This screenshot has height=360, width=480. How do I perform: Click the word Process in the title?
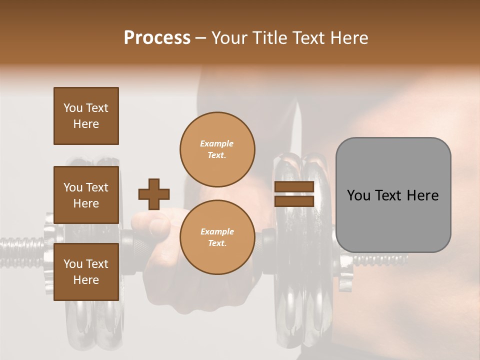157,37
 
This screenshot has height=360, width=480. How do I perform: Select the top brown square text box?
86,116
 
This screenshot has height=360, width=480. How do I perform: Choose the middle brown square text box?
86,195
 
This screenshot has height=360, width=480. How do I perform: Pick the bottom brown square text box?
86,272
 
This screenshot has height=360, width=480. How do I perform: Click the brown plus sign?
154,194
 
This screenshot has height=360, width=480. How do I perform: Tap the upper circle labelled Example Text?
217,149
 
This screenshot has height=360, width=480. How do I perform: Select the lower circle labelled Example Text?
217,237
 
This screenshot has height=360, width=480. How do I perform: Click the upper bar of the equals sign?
294,187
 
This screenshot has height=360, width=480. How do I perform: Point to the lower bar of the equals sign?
294,201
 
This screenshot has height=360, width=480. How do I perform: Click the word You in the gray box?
358,195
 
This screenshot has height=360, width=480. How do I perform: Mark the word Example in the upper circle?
217,143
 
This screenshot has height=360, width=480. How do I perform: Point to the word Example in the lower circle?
217,231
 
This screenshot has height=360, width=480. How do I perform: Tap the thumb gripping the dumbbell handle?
150,220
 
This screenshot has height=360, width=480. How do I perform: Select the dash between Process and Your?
201,38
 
